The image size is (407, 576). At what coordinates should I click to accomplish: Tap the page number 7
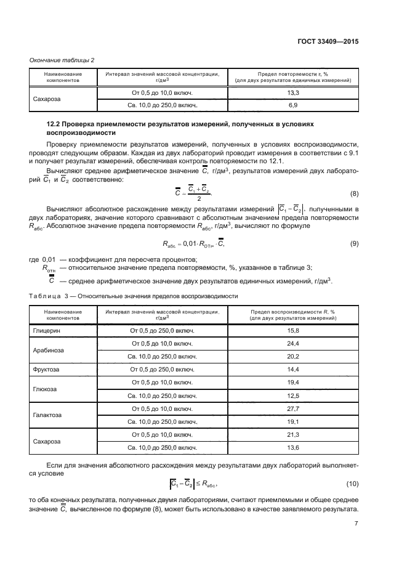click(x=356, y=524)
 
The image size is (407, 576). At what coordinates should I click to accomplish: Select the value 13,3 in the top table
click(x=292, y=92)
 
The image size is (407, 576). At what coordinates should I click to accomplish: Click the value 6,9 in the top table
click(x=292, y=105)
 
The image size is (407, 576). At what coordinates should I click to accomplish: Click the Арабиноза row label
click(x=46, y=350)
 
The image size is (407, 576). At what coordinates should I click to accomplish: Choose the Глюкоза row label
click(x=44, y=389)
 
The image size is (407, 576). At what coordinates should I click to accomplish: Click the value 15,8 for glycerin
click(x=292, y=331)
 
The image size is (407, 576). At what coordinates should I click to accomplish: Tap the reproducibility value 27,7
click(x=292, y=408)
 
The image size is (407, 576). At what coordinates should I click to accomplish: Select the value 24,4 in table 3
click(x=292, y=343)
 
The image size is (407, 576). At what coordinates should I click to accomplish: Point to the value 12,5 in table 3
click(x=292, y=395)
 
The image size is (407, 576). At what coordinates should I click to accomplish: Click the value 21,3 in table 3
click(x=292, y=434)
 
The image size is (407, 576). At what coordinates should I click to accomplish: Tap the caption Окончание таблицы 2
click(x=62, y=60)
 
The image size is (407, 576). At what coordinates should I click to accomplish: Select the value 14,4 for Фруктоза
click(x=292, y=369)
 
